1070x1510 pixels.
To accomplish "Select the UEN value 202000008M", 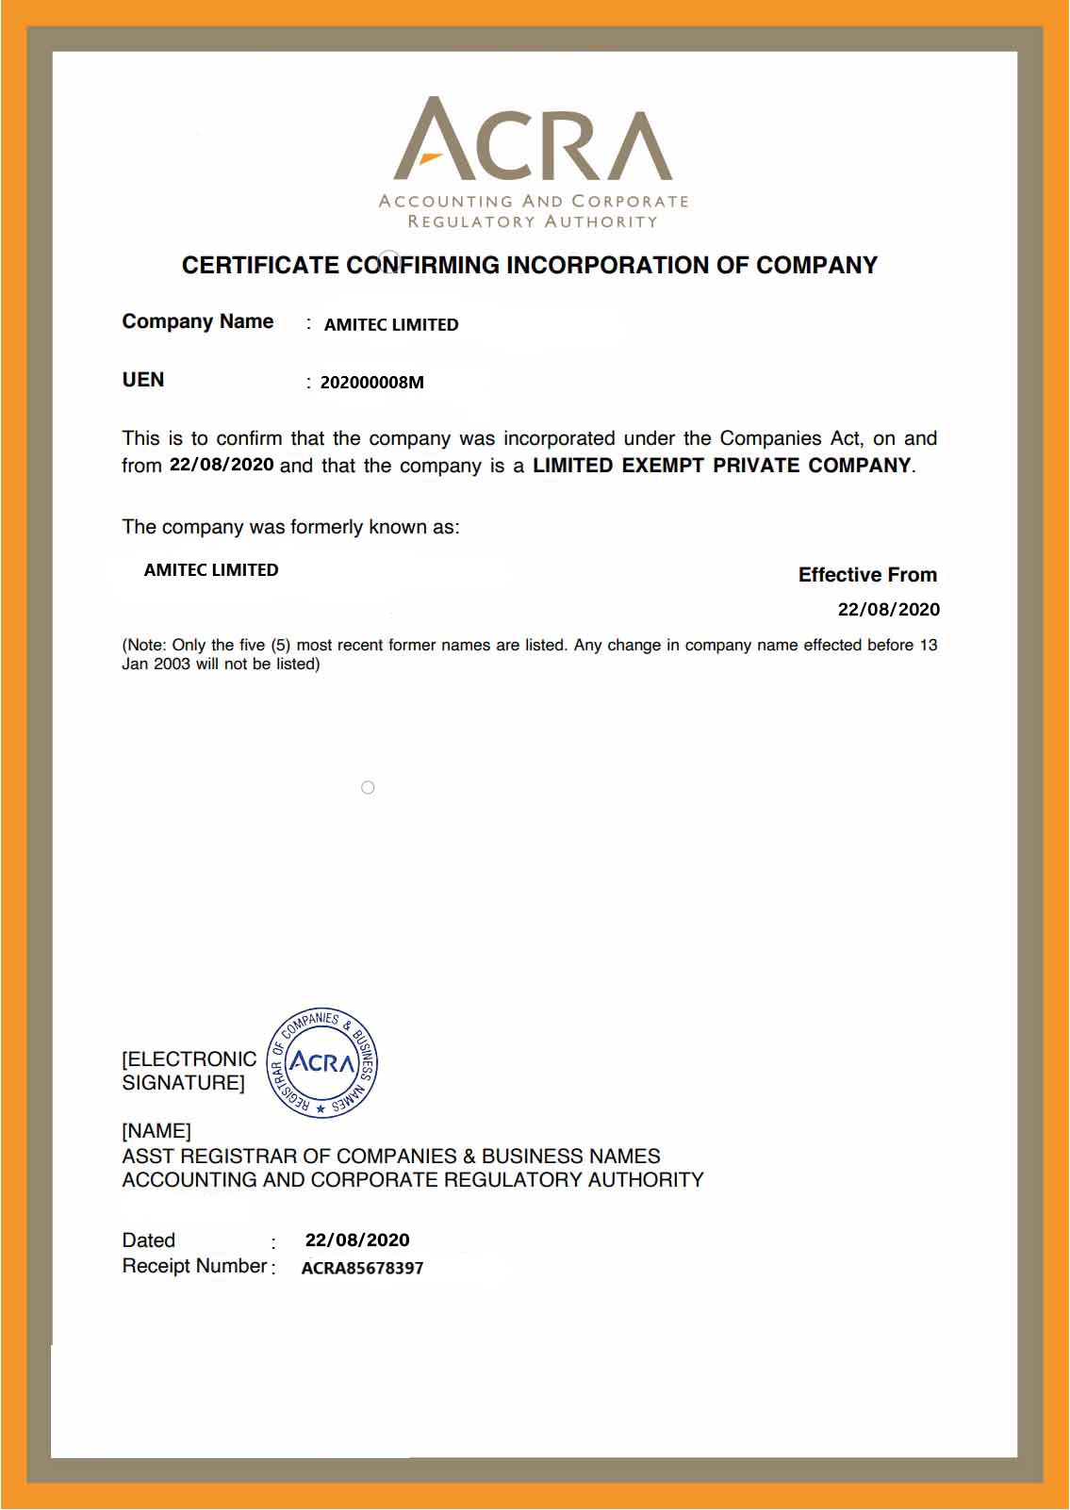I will click(372, 382).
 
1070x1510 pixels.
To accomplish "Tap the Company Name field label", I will click(198, 321).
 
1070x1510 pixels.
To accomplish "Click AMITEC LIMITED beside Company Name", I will click(391, 324).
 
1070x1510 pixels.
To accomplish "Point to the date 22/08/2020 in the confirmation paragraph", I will click(222, 465).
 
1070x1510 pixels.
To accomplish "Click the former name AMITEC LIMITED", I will click(211, 569).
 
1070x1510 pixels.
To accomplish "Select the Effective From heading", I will click(867, 575).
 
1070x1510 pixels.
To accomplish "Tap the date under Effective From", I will click(888, 609).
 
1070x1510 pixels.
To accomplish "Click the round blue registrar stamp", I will click(322, 1062).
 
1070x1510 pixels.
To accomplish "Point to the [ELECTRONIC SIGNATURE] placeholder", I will click(189, 1071).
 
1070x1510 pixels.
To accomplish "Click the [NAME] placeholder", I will click(156, 1130).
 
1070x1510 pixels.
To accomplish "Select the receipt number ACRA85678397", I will click(362, 1268).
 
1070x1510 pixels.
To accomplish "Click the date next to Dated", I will click(357, 1240).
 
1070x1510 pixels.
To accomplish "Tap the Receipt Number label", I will click(194, 1266).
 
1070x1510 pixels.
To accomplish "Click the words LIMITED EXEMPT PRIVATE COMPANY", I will click(721, 466).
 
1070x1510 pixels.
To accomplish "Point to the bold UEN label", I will click(143, 380).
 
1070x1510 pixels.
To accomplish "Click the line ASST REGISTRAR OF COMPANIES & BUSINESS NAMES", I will click(391, 1156).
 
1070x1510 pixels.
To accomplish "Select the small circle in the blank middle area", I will click(368, 787).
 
